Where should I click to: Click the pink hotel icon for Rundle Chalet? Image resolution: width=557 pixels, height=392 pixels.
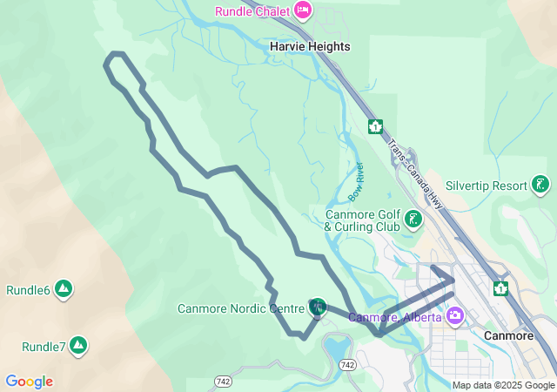303,10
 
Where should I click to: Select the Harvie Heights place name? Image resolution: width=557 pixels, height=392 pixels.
310,46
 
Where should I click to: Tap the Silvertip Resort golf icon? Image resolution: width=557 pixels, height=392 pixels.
541,185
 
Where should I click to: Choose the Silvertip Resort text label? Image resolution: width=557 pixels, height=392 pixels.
487,186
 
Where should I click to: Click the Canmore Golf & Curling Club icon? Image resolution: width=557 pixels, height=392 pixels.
413,220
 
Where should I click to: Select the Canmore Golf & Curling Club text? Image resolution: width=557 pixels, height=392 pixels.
362,220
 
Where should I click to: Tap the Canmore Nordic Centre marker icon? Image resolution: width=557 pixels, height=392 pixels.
318,307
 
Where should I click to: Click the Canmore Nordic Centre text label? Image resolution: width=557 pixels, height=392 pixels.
241,308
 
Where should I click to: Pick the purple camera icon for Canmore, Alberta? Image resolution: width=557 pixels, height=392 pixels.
454,315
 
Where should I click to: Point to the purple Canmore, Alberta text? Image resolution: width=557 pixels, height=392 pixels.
395,317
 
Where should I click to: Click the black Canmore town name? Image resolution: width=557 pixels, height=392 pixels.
507,335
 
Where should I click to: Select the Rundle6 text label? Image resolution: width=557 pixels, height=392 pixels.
28,290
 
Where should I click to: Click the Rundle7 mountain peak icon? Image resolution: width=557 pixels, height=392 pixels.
78,346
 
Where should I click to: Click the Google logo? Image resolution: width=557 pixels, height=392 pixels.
29,382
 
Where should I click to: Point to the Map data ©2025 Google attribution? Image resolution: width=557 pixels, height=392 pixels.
503,385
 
